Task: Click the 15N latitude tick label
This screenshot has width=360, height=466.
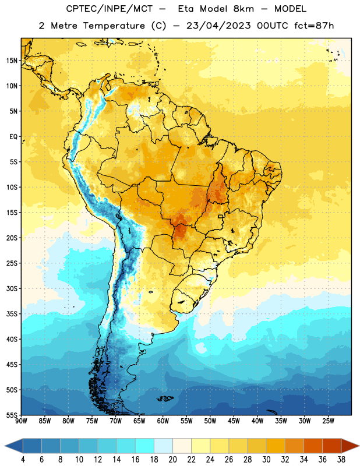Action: tap(12, 61)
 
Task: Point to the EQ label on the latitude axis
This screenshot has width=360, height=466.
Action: tap(13, 137)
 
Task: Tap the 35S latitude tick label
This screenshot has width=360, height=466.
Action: tap(12, 314)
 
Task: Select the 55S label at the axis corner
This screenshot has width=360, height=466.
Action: tap(12, 415)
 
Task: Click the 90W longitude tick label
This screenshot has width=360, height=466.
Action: tap(21, 421)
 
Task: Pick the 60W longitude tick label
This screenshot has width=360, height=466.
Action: tap(163, 421)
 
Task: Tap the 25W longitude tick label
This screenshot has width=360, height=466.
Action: tap(328, 421)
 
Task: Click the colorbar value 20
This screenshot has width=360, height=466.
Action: tap(172, 460)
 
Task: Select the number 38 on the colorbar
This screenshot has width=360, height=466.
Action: tap(341, 460)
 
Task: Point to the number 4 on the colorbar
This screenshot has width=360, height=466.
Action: tap(23, 460)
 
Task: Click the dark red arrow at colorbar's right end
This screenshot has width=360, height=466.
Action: tap(350, 446)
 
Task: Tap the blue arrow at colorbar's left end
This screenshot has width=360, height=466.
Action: tap(14, 446)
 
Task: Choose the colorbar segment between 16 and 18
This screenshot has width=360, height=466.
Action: tap(144, 446)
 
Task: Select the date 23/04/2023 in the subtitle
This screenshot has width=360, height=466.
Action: tap(218, 26)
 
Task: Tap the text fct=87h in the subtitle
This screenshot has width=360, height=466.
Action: tap(314, 26)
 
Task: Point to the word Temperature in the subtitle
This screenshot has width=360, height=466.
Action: tap(114, 26)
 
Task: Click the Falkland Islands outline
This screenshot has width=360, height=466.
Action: tap(165, 398)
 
